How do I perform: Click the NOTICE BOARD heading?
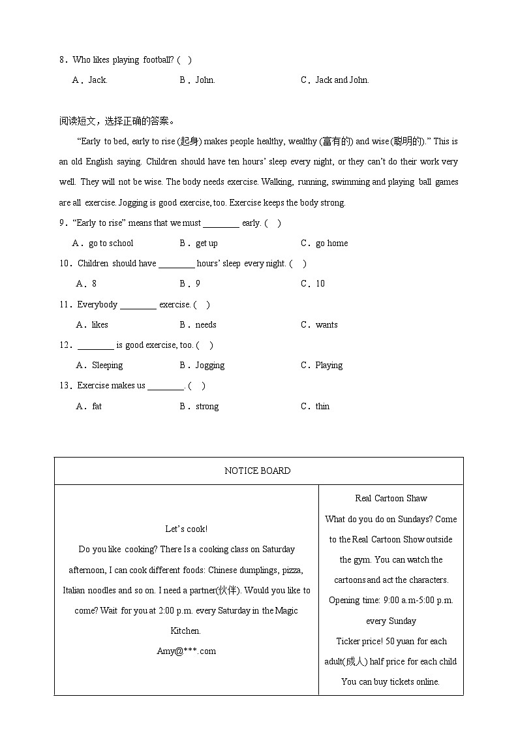(258, 471)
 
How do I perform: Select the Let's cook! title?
(187, 529)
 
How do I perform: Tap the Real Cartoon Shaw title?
(391, 498)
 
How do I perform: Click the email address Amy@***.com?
(186, 651)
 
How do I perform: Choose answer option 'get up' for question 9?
(207, 243)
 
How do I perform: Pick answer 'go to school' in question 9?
(111, 243)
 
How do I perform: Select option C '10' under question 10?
(320, 283)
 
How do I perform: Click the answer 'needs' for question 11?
(206, 324)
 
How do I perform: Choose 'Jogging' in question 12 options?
(210, 365)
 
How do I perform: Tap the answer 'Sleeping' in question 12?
(107, 365)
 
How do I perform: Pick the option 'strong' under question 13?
(207, 406)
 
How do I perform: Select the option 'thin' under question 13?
(322, 406)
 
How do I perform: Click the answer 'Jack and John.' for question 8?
(342, 80)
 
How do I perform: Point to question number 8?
(63, 60)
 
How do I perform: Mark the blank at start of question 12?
(95, 346)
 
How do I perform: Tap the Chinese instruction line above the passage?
(117, 121)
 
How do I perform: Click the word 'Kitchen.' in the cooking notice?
(186, 631)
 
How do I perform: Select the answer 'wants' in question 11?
(326, 324)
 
